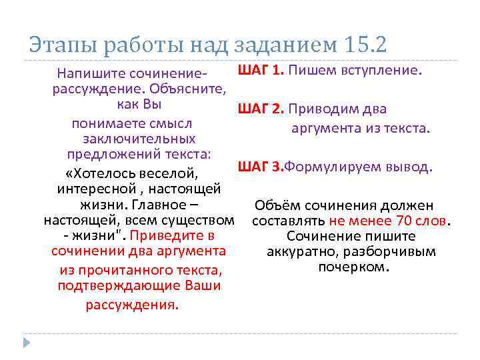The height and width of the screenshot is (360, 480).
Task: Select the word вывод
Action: point(413,165)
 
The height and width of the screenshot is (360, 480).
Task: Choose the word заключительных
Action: point(139,139)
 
